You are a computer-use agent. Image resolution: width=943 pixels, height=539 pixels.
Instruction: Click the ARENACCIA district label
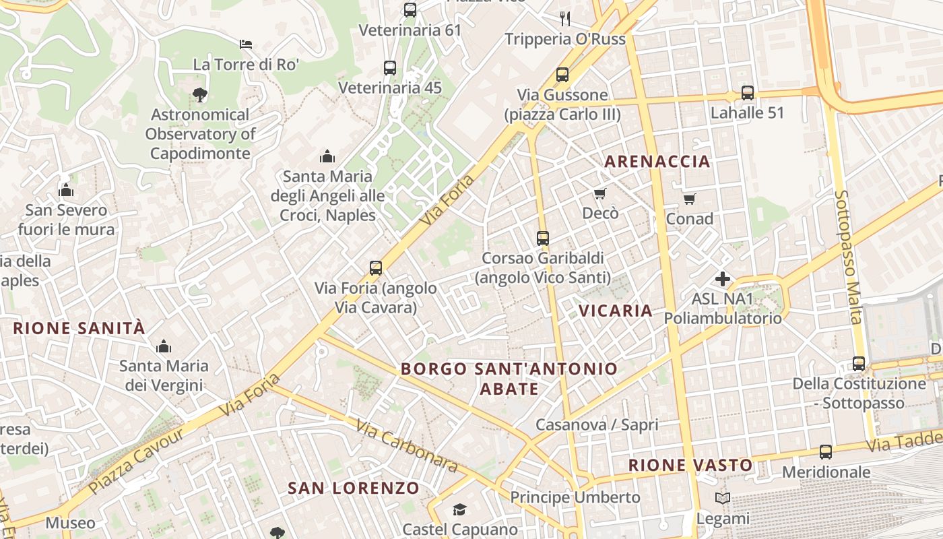tap(657, 161)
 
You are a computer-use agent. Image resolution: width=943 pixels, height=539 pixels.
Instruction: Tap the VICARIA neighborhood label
tap(616, 311)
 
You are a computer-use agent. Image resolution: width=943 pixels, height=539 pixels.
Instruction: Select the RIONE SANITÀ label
tap(79, 328)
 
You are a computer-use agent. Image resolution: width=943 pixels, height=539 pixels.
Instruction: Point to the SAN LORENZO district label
tap(354, 488)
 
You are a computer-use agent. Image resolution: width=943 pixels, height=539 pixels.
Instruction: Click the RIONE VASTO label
tap(690, 465)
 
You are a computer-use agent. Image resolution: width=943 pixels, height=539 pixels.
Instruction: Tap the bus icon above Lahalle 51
tap(747, 93)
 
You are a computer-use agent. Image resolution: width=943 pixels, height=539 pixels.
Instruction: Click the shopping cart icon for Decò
tap(599, 194)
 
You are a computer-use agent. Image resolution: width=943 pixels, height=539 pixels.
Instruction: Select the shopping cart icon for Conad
tap(689, 199)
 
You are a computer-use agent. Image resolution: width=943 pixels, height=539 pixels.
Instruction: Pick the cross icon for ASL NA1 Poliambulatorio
tap(723, 279)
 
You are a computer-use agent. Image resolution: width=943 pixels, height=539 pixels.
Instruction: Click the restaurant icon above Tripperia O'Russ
tap(565, 18)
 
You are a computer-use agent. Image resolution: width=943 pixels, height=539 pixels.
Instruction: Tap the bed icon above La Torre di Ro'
tap(246, 45)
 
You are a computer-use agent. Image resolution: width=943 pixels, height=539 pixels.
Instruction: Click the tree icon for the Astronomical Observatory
tap(199, 94)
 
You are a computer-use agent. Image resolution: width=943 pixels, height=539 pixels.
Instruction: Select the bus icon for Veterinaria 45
tap(390, 68)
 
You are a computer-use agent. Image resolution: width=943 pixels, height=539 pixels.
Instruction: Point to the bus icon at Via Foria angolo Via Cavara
tap(376, 268)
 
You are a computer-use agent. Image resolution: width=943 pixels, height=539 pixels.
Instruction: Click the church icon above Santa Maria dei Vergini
tap(164, 347)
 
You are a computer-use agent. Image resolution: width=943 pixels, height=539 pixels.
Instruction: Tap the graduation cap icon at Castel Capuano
tap(459, 509)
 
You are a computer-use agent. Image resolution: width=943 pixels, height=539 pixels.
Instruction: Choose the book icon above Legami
tap(723, 499)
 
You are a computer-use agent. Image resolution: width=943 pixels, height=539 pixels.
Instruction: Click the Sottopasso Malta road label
tap(848, 256)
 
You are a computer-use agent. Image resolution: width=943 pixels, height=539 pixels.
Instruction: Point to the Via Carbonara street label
tap(407, 447)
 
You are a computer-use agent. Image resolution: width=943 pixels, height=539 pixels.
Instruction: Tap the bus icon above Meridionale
tap(826, 452)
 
